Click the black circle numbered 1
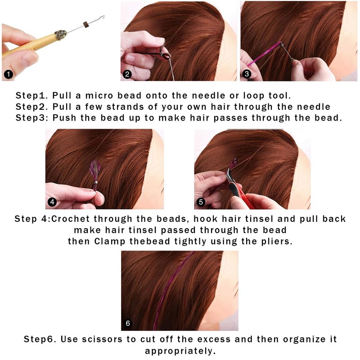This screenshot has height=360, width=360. pos(9,74)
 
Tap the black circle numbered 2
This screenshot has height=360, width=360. pos(127,74)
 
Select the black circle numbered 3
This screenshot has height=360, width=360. pos(247,74)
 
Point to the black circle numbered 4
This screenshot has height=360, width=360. pos(52,202)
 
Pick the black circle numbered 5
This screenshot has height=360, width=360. pos(201,202)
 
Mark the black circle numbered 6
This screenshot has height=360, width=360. pos(128,323)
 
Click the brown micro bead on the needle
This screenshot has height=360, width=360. pos(86,25)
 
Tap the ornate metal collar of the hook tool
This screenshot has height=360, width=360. pos(61,35)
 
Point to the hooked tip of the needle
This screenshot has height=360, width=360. pos(103,17)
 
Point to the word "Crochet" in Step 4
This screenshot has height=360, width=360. pos(71,219)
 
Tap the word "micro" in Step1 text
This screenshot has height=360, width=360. pos(99,95)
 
